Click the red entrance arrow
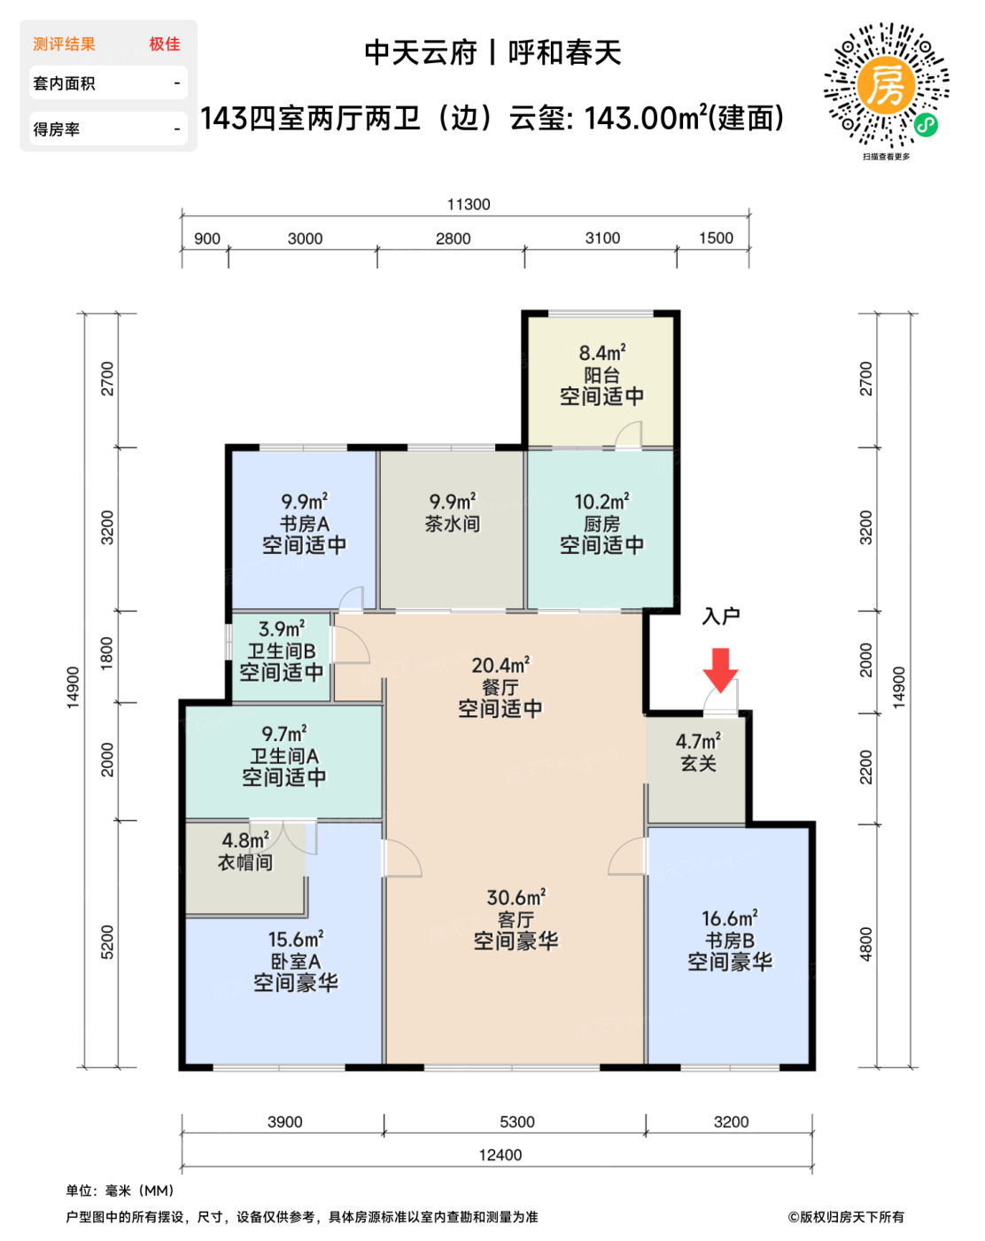coord(720,669)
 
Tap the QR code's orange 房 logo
coord(885,85)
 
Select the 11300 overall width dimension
coord(469,204)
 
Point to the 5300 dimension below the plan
coord(517,1121)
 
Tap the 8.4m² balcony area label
coord(602,352)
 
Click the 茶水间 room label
coord(453,524)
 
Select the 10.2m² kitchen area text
coord(602,501)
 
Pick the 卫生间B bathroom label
coord(282,651)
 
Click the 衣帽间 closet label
coord(245,862)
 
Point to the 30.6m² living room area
coord(516,897)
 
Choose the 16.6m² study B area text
coord(730,918)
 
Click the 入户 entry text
coord(720,616)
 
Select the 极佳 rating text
coord(164,43)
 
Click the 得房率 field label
coord(57,129)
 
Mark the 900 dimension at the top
coord(207,238)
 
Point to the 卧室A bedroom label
coord(296,961)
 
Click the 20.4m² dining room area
coord(500,665)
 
